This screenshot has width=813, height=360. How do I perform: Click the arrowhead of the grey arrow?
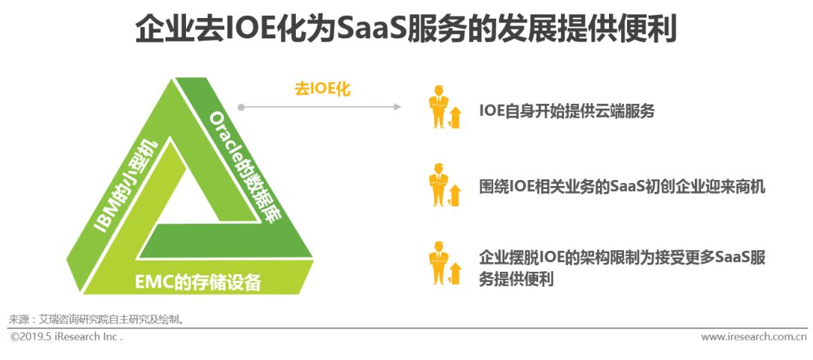pyautogui.click(x=397, y=107)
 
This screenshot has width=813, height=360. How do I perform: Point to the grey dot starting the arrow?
pyautogui.click(x=241, y=107)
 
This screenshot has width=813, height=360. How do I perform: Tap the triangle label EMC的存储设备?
pyautogui.click(x=198, y=282)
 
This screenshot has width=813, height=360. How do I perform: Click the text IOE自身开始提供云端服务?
pyautogui.click(x=567, y=111)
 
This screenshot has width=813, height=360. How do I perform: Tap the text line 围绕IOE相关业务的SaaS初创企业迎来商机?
pyautogui.click(x=622, y=186)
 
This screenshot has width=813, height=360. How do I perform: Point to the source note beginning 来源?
pyautogui.click(x=96, y=319)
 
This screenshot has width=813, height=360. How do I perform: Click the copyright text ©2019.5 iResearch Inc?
pyautogui.click(x=66, y=337)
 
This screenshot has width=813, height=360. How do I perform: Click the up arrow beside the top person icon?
pyautogui.click(x=455, y=117)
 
